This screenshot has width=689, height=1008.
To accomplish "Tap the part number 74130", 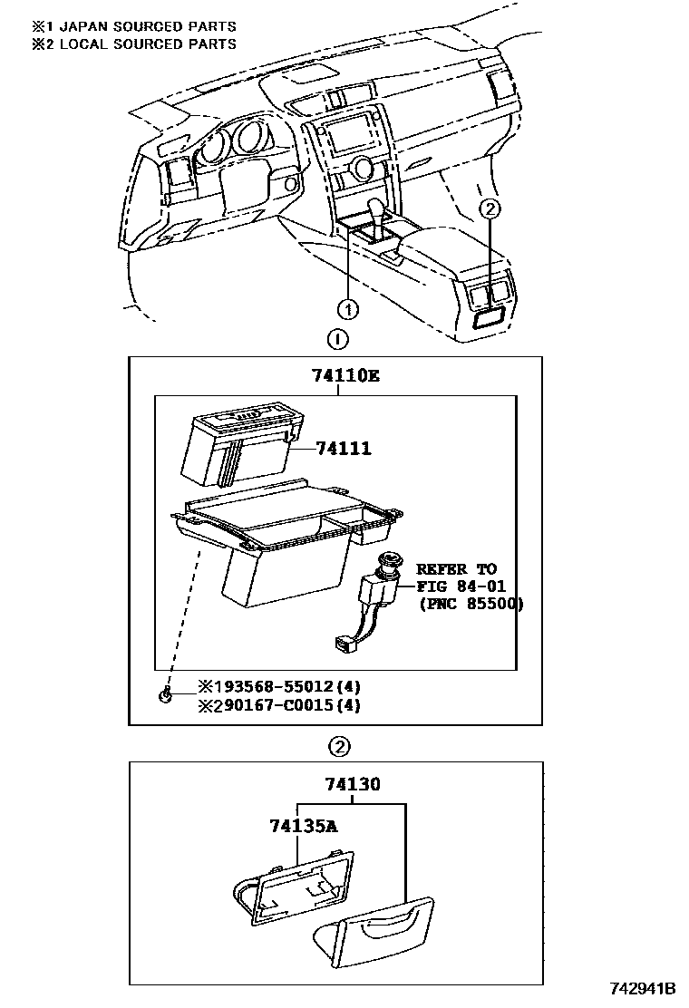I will [353, 784].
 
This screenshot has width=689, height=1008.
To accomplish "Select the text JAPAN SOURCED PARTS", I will [146, 26].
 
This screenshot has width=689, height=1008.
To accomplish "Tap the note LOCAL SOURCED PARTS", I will [146, 44].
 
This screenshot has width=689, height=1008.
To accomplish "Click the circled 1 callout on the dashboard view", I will [350, 307].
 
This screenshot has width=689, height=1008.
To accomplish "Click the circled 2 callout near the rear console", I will [489, 208].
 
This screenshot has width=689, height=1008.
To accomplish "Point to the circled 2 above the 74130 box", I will [337, 748].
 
